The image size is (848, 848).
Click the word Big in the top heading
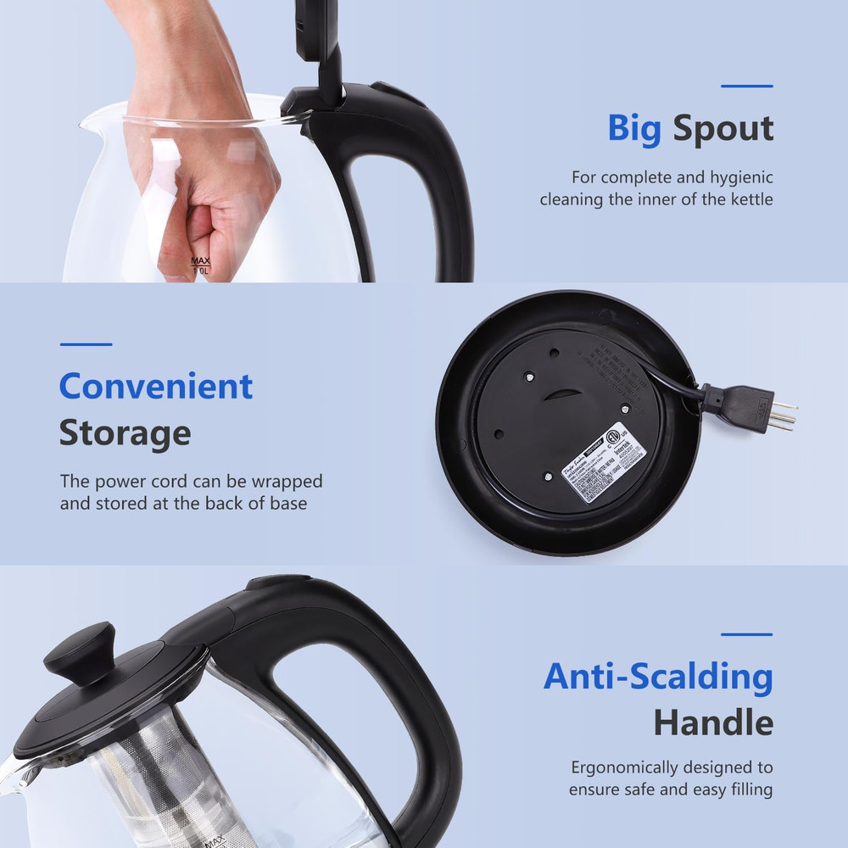(634, 129)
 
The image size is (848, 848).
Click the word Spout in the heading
(722, 129)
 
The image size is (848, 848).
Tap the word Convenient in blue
(156, 387)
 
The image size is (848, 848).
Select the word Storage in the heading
(125, 433)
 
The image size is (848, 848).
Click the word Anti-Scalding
(658, 677)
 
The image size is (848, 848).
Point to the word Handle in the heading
(712, 723)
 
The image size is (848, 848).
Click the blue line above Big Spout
(746, 86)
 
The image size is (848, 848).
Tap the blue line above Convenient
(86, 344)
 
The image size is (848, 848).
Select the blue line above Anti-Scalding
(746, 633)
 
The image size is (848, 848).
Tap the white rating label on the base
(605, 462)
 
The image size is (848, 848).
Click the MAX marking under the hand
(200, 262)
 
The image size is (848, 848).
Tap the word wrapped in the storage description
(284, 482)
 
